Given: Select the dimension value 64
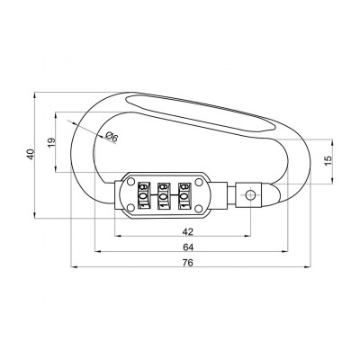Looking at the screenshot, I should tap(187, 246).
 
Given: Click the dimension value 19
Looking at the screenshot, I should tap(51, 141).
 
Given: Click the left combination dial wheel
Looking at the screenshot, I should tap(141, 195).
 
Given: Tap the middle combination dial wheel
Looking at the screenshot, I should tap(163, 195).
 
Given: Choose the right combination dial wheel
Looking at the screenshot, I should tap(184, 195).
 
